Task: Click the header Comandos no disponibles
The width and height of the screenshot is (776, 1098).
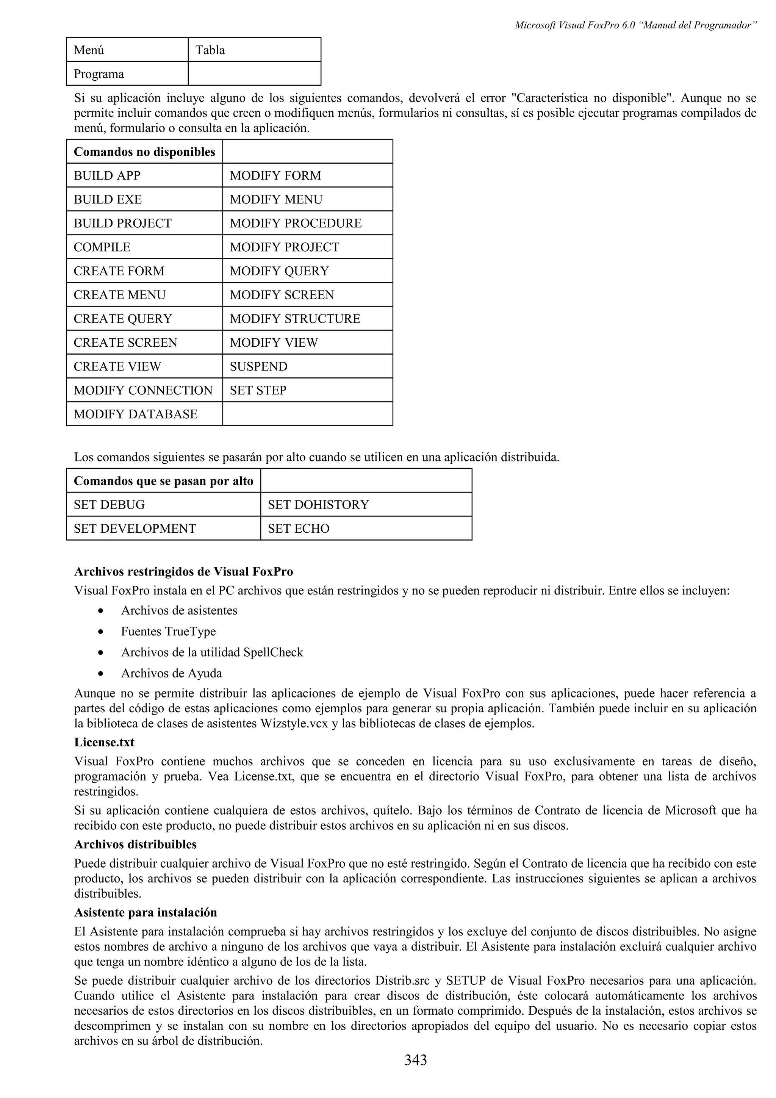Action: [144, 152]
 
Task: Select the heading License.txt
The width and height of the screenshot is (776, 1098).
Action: [104, 742]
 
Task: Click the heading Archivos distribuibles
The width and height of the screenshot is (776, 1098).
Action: [135, 845]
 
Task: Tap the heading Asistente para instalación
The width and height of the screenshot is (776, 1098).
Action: [145, 912]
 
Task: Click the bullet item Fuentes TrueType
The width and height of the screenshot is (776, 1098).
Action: [168, 632]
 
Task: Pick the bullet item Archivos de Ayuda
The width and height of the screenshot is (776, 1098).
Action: [171, 673]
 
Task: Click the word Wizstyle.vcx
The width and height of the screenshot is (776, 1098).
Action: [294, 723]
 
